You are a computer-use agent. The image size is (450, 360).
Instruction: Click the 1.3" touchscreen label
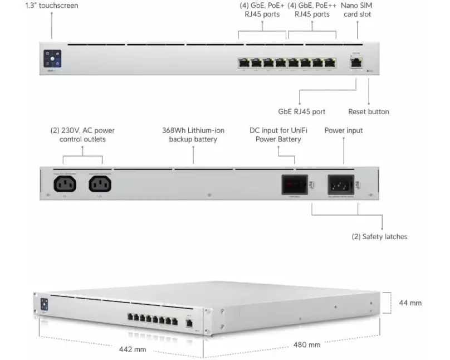52,6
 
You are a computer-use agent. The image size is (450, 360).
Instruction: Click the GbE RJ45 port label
301,111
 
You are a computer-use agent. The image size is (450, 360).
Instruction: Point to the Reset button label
368,111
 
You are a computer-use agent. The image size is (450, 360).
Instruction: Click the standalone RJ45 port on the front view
356,62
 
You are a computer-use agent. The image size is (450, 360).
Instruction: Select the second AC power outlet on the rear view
100,182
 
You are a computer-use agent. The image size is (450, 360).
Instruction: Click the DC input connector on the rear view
294,183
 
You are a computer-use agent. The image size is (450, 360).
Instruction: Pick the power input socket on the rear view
341,183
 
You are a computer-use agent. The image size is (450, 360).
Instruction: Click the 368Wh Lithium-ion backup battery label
193,134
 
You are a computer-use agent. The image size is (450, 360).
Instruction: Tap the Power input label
344,130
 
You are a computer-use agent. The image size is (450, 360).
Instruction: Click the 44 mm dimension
410,303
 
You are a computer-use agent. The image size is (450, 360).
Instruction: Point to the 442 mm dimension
133,349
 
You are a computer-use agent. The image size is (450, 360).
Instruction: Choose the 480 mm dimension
307,345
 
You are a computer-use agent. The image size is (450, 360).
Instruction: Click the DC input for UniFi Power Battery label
278,134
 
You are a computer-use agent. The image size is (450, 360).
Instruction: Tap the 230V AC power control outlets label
82,134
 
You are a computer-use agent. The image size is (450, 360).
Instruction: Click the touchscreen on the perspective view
44,304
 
